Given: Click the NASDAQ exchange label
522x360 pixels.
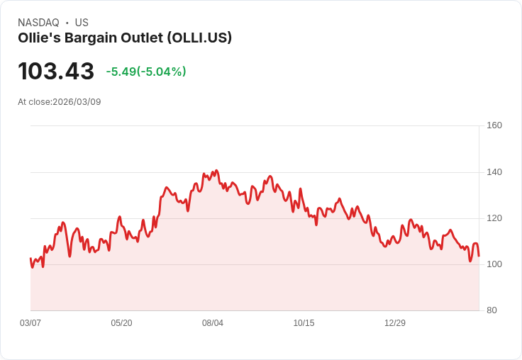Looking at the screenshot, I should (38, 23).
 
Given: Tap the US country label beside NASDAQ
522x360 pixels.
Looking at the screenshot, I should (82, 23).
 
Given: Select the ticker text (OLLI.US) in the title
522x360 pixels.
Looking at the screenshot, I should (199, 38).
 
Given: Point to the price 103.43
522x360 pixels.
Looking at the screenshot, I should (56, 72).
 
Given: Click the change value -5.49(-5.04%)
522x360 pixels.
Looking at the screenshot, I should (146, 72).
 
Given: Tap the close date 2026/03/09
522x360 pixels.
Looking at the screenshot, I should (77, 102).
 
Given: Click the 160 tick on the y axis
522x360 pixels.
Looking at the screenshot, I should (494, 125).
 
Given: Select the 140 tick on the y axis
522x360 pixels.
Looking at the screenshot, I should (494, 171).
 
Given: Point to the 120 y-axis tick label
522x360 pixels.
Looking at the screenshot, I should (494, 218).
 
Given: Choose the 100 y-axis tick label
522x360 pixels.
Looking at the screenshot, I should (494, 264).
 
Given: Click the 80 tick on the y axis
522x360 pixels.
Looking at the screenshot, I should (492, 310).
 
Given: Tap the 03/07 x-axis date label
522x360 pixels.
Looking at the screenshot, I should (30, 323).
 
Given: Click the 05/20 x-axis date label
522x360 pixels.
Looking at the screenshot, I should (121, 323).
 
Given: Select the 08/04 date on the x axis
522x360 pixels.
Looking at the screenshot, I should (213, 323).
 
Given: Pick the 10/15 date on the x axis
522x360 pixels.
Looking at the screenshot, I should (304, 323).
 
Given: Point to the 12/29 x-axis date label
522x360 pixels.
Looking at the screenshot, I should (395, 323).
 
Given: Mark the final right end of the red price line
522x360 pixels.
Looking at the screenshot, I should (479, 256).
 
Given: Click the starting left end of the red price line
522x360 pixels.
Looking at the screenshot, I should (30, 259).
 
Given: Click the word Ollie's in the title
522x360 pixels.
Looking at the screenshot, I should (38, 38).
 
